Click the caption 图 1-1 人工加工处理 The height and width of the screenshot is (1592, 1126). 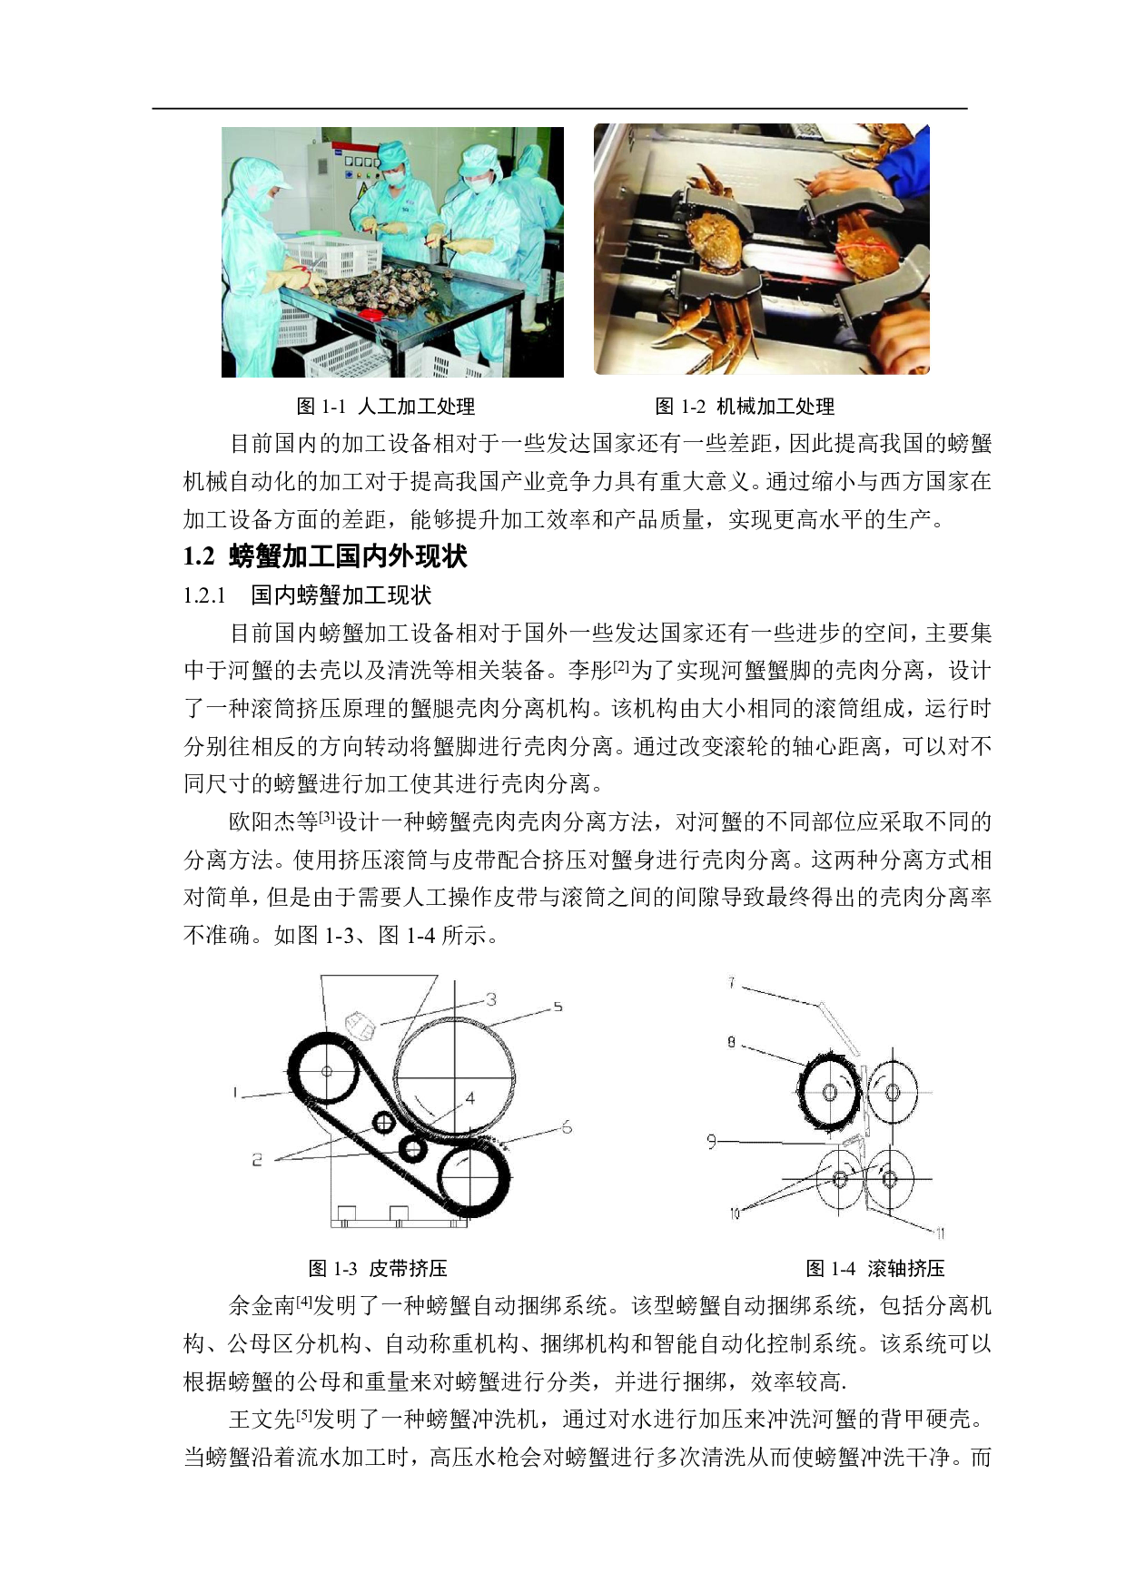click(386, 406)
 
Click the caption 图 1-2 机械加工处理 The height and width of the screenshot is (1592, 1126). click(745, 406)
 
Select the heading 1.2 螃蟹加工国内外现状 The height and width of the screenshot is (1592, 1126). click(325, 555)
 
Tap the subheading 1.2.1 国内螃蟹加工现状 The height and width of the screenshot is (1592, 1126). click(307, 595)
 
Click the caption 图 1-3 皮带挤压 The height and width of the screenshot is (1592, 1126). click(378, 1268)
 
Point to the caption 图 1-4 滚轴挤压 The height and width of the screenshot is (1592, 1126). click(875, 1268)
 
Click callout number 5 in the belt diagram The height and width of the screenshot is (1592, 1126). click(558, 1007)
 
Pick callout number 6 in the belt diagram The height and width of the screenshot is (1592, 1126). click(567, 1126)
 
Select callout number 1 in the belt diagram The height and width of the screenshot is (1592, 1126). click(235, 1093)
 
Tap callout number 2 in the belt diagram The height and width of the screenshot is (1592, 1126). click(257, 1159)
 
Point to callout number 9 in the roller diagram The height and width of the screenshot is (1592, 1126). click(712, 1141)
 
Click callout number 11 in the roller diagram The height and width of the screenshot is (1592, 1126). click(940, 1233)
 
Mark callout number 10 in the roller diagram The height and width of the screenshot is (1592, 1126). click(734, 1214)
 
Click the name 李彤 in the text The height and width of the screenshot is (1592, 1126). click(589, 671)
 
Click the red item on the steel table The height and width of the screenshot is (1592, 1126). click(370, 313)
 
